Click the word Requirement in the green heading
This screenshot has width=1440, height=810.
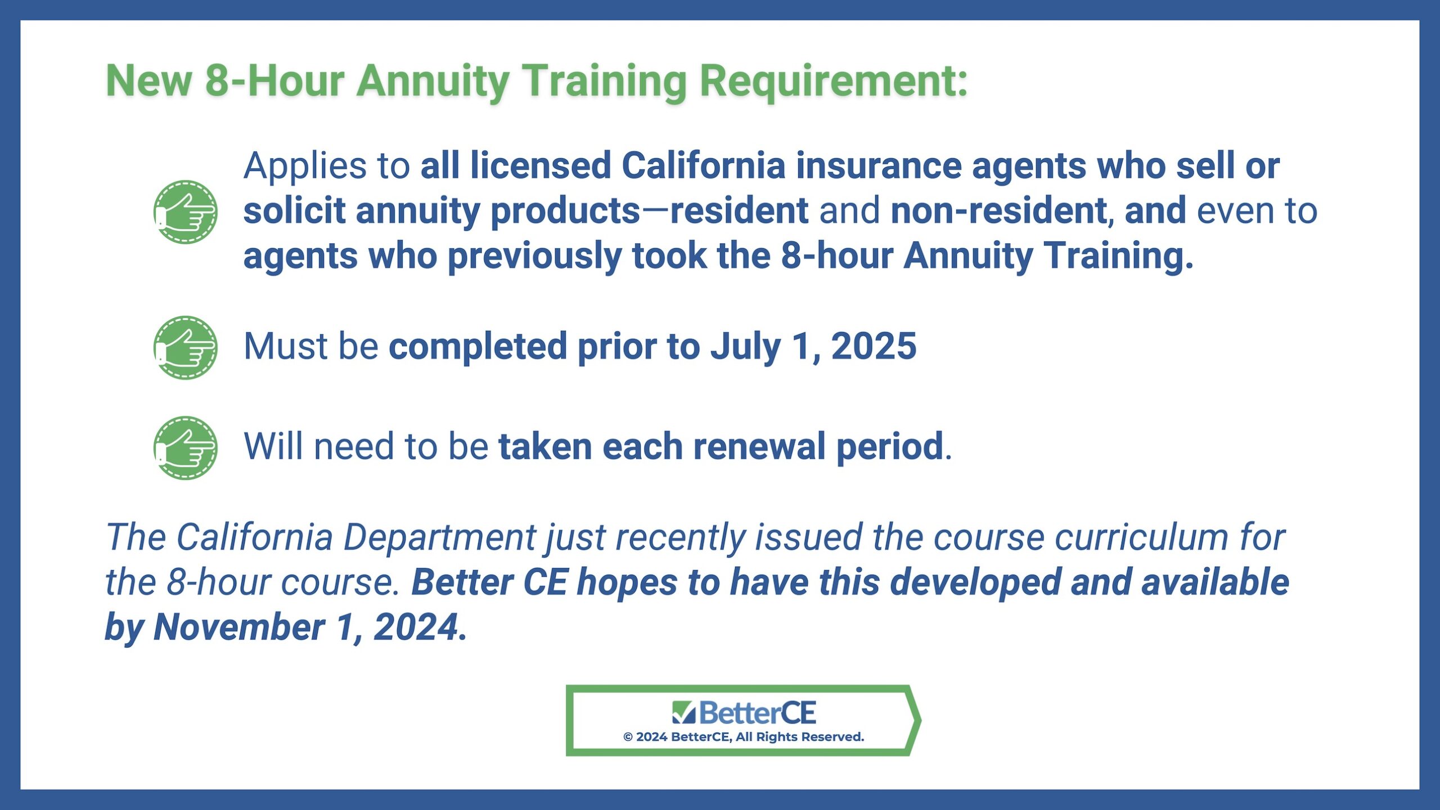pos(834,82)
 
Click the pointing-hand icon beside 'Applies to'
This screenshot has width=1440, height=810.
pos(185,212)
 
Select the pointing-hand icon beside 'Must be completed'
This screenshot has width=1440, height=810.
pos(185,347)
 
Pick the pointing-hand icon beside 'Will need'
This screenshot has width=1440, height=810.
pos(185,448)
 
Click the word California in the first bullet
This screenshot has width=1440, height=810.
pos(703,166)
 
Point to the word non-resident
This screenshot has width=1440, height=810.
pos(999,211)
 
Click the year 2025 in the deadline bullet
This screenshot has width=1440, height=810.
pos(874,346)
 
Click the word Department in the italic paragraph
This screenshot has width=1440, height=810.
pos(439,538)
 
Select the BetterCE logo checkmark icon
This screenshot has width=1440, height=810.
pos(684,712)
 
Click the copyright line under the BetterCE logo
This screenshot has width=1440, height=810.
pos(744,737)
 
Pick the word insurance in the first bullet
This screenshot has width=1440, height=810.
pos(879,166)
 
